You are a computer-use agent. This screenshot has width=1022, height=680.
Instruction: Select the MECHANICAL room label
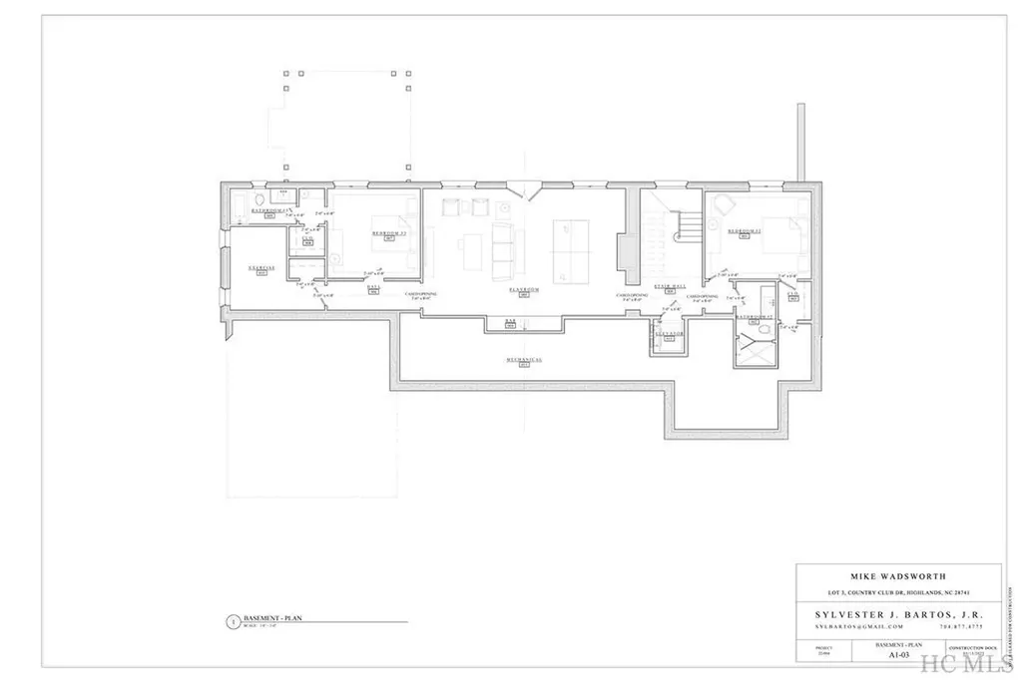[x=523, y=359]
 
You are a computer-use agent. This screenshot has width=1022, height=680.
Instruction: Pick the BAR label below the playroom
[x=510, y=322]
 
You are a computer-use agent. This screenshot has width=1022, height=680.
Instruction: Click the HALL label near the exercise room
[x=372, y=287]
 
